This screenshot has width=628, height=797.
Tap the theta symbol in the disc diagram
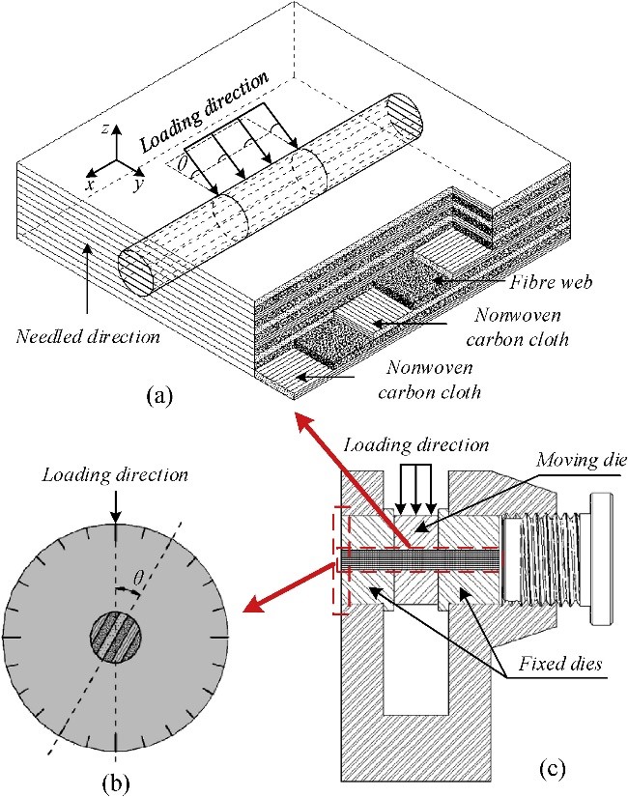tap(138, 576)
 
